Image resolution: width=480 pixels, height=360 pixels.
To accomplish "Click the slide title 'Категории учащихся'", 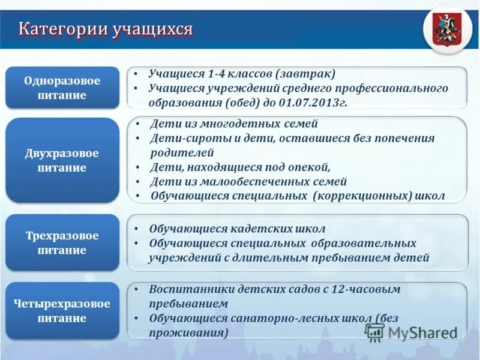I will (x=106, y=28).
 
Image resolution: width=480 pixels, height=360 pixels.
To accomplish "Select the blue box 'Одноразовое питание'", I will (x=62, y=88).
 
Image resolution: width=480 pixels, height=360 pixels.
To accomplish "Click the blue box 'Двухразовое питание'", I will (x=62, y=160).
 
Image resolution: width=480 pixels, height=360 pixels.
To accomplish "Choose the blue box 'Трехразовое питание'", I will (x=62, y=243).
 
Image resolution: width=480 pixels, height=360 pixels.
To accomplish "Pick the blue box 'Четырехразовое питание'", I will (x=62, y=311).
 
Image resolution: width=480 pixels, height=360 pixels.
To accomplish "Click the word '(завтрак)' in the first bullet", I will (x=305, y=74).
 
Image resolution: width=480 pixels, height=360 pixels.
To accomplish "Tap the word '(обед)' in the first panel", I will (x=244, y=103).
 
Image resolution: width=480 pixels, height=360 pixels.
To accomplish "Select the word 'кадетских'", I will (x=262, y=229).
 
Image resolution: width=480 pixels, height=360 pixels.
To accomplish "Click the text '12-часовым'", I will (x=367, y=289).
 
